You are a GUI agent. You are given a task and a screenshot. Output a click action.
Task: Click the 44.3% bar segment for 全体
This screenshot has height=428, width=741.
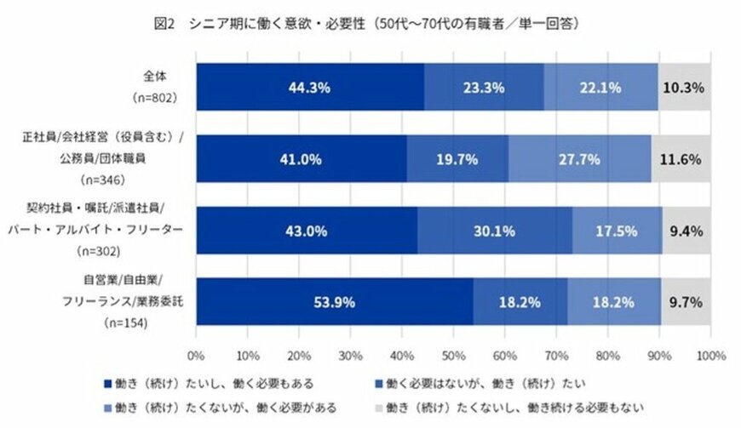[x=310, y=87]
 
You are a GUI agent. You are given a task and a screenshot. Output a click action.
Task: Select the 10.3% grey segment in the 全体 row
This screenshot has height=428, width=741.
[x=684, y=87]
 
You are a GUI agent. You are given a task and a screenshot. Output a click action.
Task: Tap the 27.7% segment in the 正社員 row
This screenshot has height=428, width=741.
[x=579, y=159]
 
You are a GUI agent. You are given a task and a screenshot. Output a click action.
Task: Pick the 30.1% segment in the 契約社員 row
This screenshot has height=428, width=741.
[x=494, y=231]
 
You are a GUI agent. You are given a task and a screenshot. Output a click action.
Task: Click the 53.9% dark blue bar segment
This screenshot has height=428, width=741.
[x=334, y=302]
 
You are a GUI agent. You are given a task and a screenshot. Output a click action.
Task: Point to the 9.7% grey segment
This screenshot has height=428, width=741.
[x=686, y=302]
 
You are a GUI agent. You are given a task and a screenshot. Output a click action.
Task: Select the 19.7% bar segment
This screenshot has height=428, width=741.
[x=457, y=159]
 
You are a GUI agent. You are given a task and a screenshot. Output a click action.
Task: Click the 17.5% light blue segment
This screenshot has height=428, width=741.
[x=617, y=231]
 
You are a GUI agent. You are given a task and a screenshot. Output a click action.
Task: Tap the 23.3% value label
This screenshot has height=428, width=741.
[x=484, y=87]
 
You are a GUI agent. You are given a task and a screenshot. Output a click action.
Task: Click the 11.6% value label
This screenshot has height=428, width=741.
[x=681, y=159]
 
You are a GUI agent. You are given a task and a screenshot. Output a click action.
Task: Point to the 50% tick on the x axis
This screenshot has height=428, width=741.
[x=453, y=354]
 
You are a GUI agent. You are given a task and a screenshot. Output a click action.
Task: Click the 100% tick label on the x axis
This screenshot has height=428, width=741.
[x=709, y=354]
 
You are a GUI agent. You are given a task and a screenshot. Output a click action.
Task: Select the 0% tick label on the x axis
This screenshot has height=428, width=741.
[x=197, y=354]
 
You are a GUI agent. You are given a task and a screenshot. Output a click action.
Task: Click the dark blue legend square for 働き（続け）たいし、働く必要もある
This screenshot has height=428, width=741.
[x=106, y=382]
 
